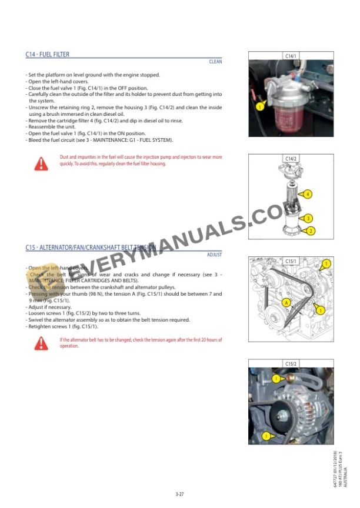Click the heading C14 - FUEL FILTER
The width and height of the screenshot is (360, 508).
(x=47, y=55)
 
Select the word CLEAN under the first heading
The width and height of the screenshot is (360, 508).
(x=215, y=62)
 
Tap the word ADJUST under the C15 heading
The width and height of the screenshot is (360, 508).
(x=214, y=255)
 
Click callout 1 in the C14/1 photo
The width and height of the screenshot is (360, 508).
(x=259, y=107)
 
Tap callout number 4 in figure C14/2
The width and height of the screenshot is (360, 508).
(x=308, y=194)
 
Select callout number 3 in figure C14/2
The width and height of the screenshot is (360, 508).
(x=308, y=219)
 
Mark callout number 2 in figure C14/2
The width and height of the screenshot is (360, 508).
(x=311, y=231)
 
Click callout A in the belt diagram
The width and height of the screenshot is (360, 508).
(x=286, y=302)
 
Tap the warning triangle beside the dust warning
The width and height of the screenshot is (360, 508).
(x=41, y=164)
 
